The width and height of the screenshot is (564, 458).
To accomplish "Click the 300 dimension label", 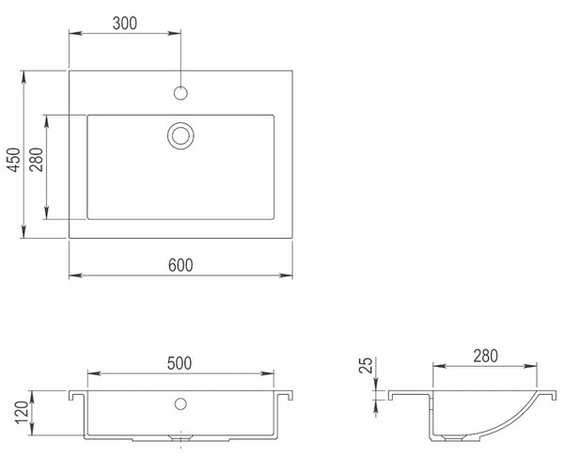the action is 125,24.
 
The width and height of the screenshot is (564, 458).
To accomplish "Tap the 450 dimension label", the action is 14,159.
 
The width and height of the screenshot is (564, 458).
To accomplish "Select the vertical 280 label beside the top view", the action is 36,159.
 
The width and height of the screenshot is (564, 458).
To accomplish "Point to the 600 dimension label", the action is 180,265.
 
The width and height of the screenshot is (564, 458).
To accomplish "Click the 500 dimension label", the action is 180,363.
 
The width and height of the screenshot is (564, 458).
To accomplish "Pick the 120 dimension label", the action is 22,412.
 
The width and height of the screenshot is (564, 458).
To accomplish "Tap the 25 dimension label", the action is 366,365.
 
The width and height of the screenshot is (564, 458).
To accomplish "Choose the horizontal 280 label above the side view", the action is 486,355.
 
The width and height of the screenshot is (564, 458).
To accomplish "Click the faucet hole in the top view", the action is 180,93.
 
